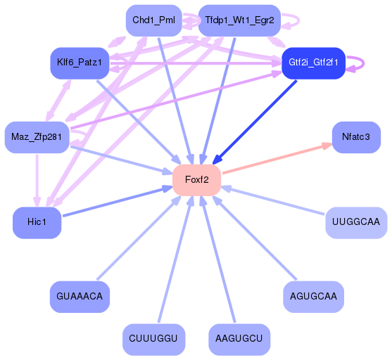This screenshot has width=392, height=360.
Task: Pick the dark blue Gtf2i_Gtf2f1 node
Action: tap(312, 63)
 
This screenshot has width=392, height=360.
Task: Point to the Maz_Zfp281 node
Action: tap(36, 136)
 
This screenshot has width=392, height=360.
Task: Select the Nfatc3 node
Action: tap(355, 136)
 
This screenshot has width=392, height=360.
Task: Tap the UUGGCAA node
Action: tap(356, 222)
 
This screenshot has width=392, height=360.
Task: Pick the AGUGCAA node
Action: tap(313, 297)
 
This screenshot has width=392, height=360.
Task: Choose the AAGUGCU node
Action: tap(239, 339)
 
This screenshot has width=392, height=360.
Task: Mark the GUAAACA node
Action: tap(79, 297)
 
